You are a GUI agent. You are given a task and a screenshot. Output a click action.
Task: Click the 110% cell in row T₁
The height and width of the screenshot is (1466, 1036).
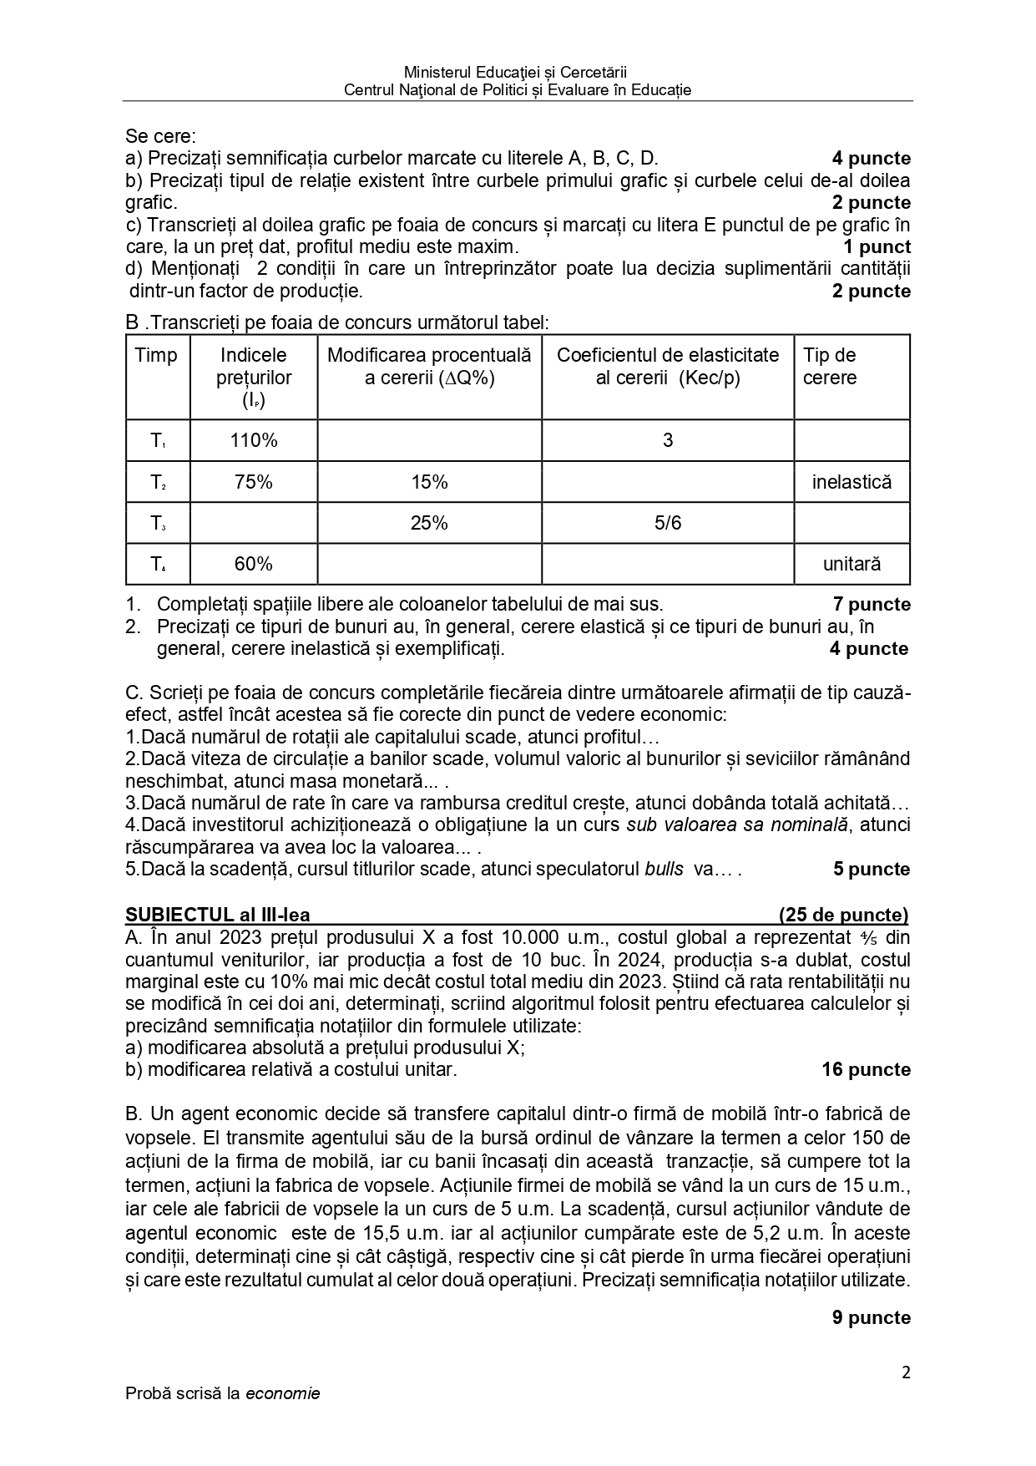254,440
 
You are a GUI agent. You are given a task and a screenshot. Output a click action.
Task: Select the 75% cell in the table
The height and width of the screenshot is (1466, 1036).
254,482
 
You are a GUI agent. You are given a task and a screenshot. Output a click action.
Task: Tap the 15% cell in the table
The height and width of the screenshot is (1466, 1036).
429,482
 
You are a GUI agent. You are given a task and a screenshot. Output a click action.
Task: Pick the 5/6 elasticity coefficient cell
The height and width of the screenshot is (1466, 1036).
667,523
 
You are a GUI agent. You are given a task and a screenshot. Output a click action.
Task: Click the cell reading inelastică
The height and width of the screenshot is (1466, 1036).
852,482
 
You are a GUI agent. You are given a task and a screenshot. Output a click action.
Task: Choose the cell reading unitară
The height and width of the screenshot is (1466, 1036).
852,564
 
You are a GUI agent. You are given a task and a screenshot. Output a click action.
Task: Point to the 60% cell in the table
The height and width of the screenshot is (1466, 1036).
254,564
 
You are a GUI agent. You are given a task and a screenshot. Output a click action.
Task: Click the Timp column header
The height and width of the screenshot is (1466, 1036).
156,355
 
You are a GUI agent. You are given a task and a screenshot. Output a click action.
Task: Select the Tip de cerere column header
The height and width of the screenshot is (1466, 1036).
830,366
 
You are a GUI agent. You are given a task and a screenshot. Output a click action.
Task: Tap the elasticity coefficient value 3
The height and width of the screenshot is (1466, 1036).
667,440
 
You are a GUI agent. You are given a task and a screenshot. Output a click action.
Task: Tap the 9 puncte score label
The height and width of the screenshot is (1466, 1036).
871,1317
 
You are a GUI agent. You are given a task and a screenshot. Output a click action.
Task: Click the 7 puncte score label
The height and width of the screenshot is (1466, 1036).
871,604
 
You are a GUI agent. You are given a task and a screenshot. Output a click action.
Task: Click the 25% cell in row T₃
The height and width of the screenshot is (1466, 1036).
429,523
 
